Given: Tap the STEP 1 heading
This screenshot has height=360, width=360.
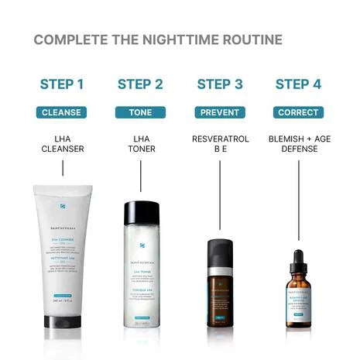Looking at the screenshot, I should click(61, 84).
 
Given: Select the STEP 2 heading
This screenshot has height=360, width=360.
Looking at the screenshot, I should click(140, 84).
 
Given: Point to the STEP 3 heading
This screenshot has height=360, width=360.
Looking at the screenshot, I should click(220, 84).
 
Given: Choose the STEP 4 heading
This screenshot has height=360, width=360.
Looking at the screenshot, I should click(299, 84).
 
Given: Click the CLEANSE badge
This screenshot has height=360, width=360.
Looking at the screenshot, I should click(61, 112).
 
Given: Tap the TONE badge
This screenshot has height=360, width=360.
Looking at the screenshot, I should click(140, 112).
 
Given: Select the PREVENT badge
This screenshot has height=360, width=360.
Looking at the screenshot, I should click(220, 112).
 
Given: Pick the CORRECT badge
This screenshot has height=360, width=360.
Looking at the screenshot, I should click(299, 112).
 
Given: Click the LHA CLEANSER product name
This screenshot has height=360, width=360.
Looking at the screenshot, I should click(61, 145).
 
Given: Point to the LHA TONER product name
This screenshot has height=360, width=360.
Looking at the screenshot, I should click(140, 145).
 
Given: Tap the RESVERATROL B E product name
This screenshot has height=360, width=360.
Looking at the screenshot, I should click(220, 145).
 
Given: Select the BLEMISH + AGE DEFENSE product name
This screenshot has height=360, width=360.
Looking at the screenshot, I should click(299, 145).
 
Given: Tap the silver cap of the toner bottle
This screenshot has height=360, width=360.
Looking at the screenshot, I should click(140, 211).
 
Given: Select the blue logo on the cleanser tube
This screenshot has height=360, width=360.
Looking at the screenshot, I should click(62, 207).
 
